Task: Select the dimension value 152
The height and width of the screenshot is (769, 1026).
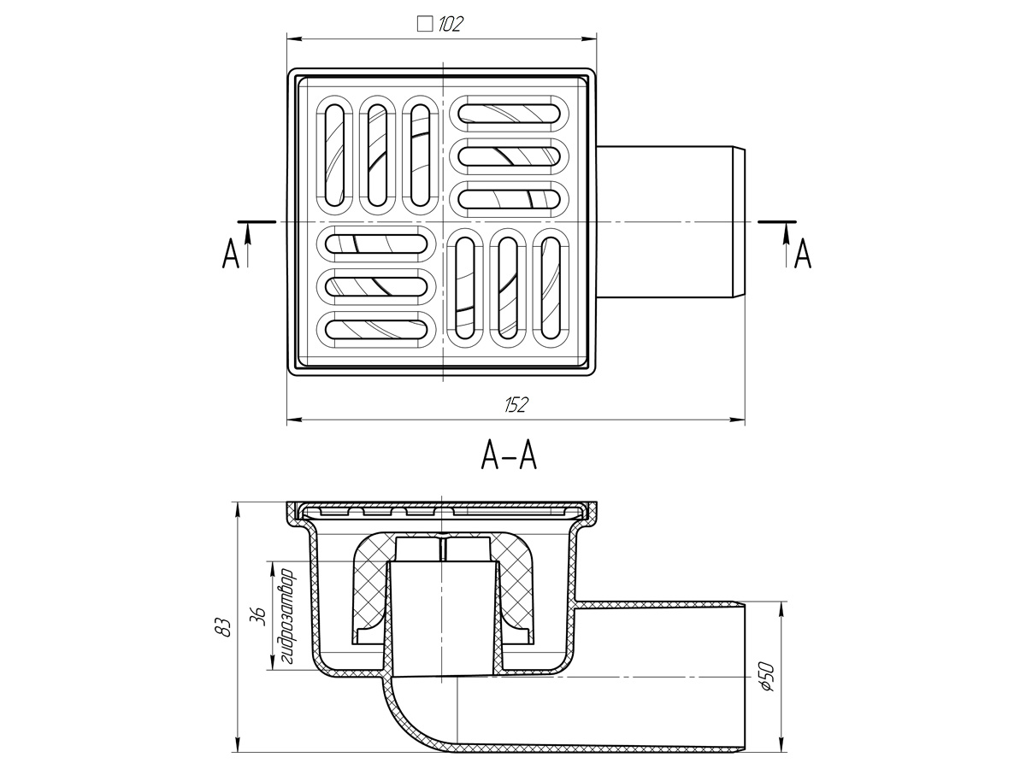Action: click(516, 405)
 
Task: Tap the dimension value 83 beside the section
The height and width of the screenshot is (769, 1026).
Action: click(224, 627)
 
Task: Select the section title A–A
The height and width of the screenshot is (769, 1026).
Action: click(509, 456)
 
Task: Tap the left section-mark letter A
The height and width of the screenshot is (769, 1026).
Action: click(230, 255)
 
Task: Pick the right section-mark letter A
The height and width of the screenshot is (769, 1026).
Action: click(802, 255)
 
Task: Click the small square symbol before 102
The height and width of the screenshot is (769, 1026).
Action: click(424, 24)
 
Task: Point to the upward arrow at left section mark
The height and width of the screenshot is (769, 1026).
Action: click(248, 244)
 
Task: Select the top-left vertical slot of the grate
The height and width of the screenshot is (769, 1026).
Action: click(334, 154)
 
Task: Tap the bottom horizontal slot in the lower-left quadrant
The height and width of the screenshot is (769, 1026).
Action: click(377, 327)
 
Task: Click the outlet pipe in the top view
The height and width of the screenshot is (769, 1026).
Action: click(667, 222)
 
